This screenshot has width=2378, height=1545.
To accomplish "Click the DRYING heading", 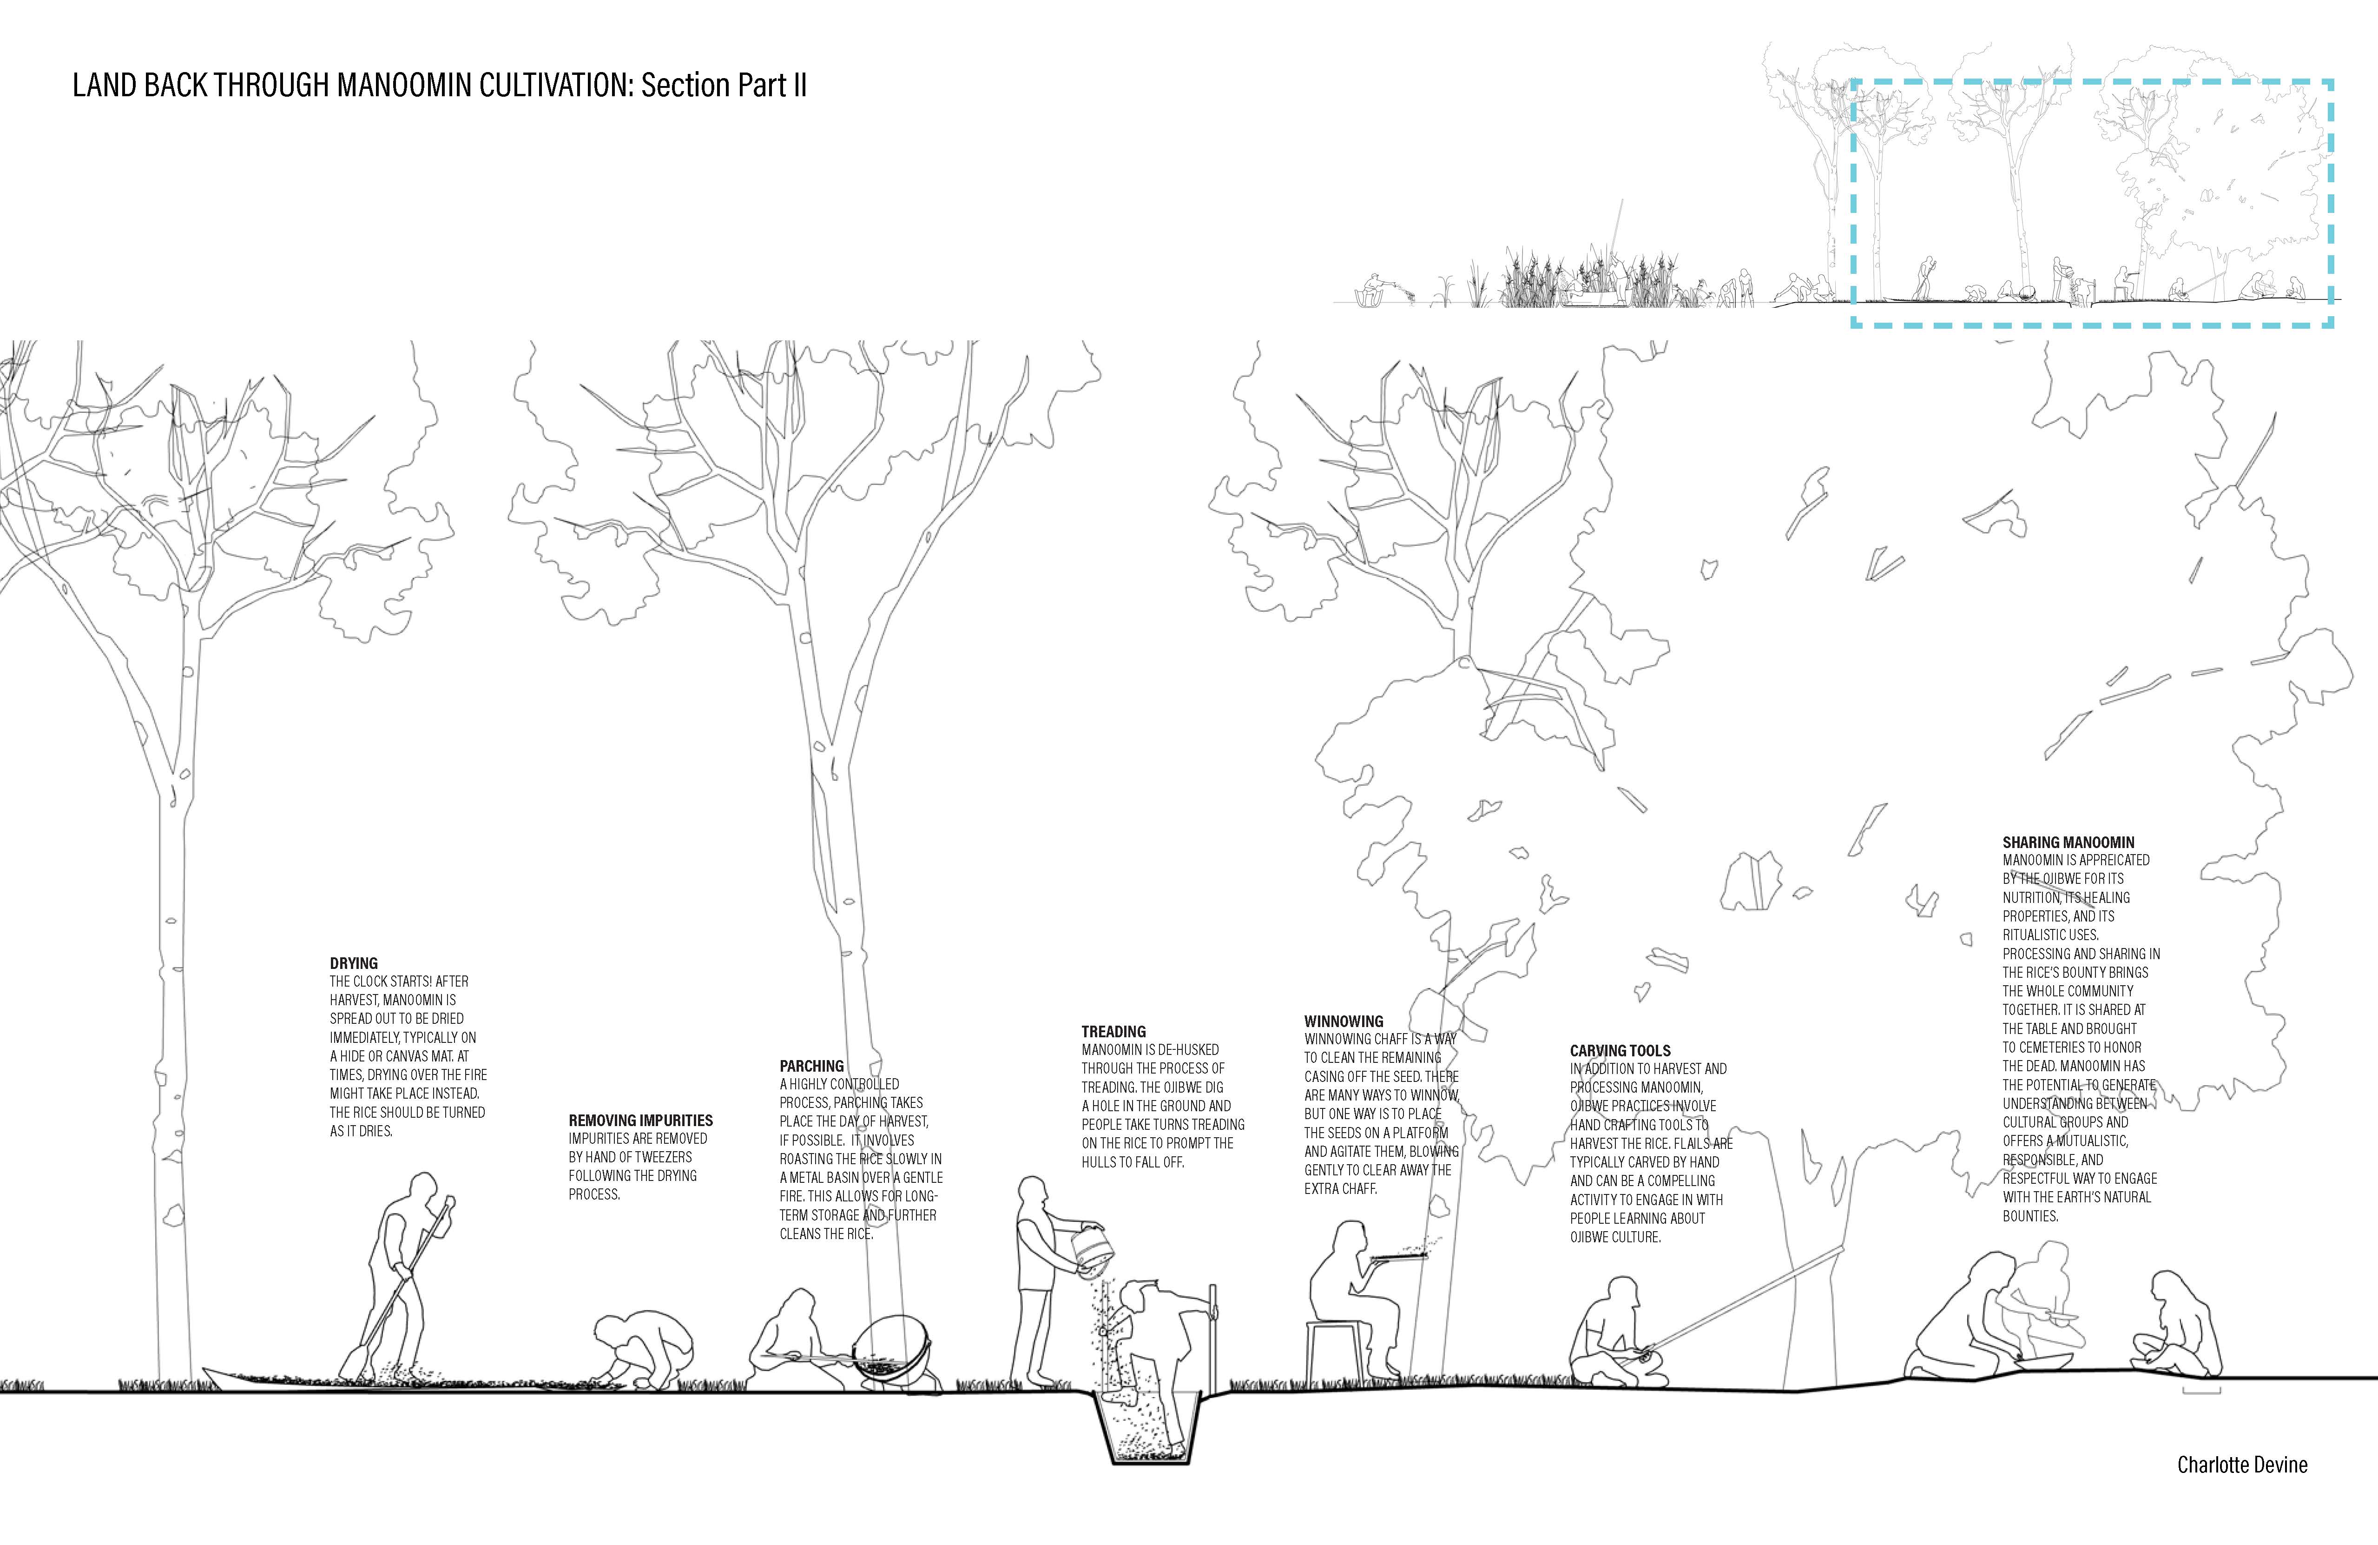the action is coord(354,963).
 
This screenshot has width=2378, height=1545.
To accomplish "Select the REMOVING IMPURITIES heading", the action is coord(640,1120).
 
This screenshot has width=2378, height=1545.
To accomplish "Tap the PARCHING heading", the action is coord(811,1066).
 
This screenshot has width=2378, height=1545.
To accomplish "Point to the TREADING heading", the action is coord(1113,1031).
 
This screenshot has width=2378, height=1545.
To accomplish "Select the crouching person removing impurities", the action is coord(639,1349).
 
